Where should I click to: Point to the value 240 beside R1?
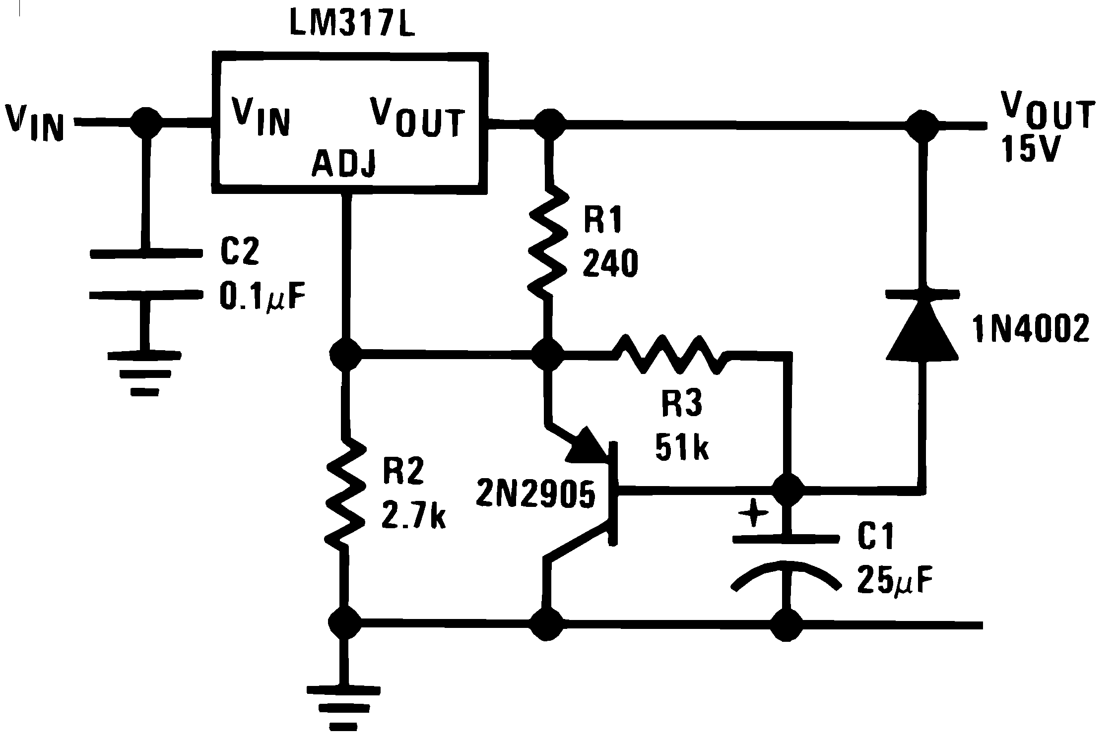(x=610, y=264)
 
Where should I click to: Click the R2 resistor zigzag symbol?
(x=345, y=491)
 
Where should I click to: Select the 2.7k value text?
(x=413, y=516)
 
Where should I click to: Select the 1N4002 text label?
(x=1031, y=329)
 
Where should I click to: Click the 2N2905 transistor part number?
(x=535, y=494)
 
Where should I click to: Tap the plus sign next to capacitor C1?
(x=753, y=513)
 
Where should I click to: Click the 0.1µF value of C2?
(x=262, y=297)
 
